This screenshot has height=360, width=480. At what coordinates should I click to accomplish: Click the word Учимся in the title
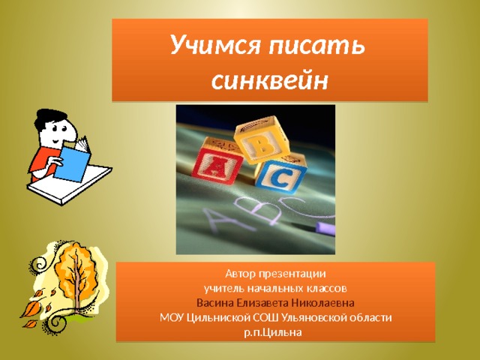[216, 45]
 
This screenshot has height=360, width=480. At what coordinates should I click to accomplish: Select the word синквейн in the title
[270, 80]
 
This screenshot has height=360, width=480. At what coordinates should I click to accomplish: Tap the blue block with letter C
[281, 173]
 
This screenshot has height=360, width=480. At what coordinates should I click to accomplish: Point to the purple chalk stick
[325, 228]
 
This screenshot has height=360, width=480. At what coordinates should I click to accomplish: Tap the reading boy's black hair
[49, 118]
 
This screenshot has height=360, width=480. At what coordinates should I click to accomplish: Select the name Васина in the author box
[215, 303]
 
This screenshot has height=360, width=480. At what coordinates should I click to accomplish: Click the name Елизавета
[262, 303]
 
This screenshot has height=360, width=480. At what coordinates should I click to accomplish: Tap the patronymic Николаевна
[322, 303]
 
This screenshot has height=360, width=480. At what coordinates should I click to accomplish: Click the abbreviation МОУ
[172, 318]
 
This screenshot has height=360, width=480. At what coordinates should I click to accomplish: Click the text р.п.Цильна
[273, 332]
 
